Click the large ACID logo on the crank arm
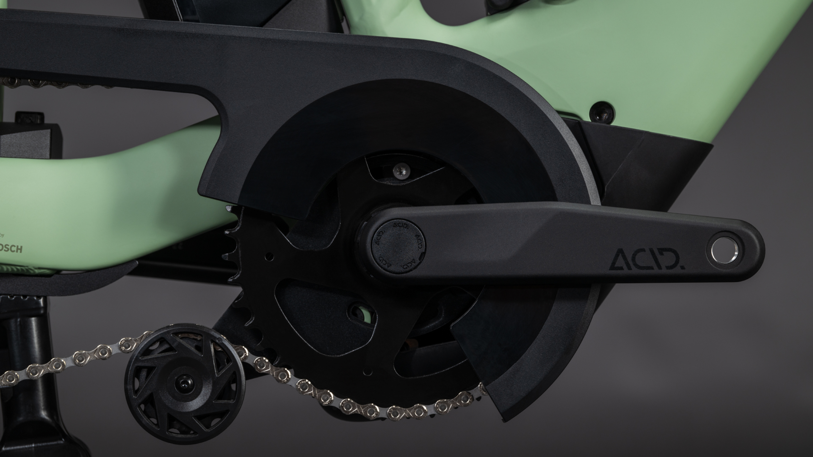647,259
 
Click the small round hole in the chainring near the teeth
269,256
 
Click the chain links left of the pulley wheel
63,363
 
